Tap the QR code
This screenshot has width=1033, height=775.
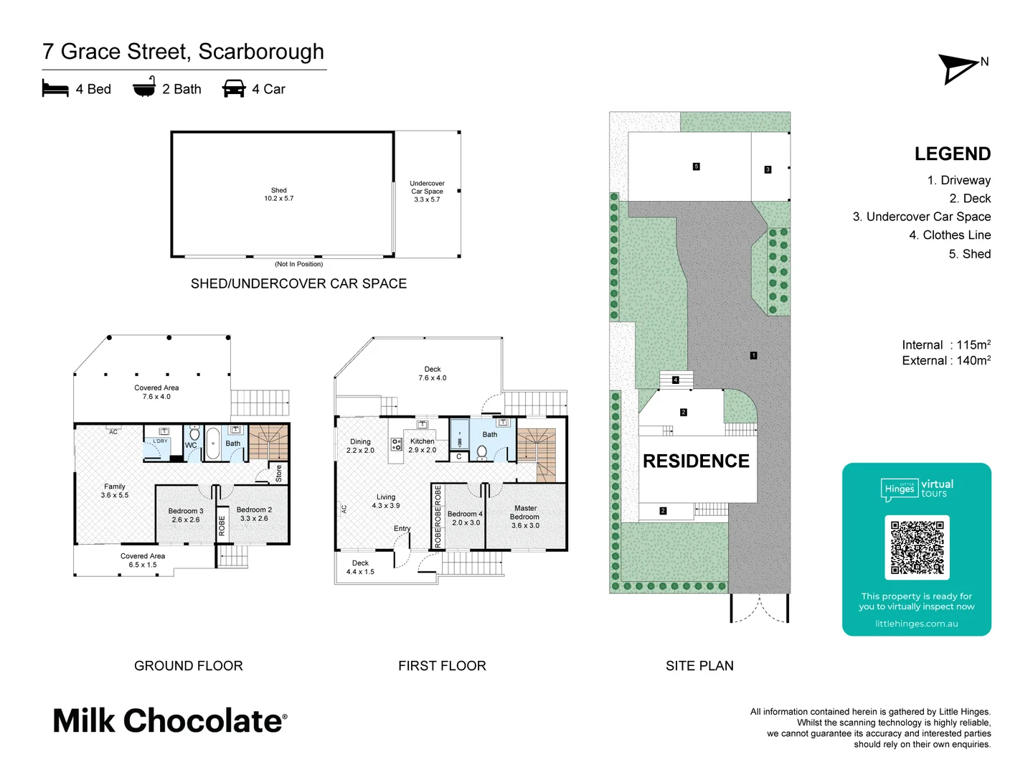[917, 547]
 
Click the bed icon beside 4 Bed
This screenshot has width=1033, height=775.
[55, 89]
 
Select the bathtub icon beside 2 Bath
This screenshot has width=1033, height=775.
[144, 88]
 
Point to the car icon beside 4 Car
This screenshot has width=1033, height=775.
[234, 89]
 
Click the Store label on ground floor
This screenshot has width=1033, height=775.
[279, 474]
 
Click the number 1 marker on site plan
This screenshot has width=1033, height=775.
[753, 355]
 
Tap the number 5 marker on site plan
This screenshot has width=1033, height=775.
[696, 166]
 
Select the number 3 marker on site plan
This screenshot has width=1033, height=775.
[768, 169]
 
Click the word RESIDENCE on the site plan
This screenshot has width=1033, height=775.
[696, 461]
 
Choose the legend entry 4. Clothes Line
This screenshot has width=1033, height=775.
[949, 235]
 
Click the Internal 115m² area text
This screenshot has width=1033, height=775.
[945, 345]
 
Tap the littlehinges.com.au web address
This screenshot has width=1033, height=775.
[916, 624]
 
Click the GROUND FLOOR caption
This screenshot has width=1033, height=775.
[188, 666]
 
